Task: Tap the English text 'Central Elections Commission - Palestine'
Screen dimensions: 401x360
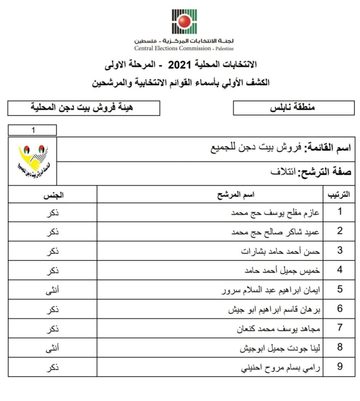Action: pos(184,48)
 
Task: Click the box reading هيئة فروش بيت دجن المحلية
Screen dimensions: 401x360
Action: pos(84,108)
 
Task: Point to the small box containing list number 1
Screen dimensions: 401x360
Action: pos(32,130)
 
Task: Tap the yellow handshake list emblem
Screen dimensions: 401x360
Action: pos(33,161)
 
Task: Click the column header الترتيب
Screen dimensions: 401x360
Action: pos(338,195)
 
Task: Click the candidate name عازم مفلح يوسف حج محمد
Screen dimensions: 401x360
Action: pos(275,212)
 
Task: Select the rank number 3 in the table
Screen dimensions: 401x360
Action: pos(340,250)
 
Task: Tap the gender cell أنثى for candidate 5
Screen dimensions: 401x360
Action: pos(52,290)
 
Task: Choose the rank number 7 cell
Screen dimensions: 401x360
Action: pos(340,328)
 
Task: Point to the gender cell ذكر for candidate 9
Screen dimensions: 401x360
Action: pos(52,367)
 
